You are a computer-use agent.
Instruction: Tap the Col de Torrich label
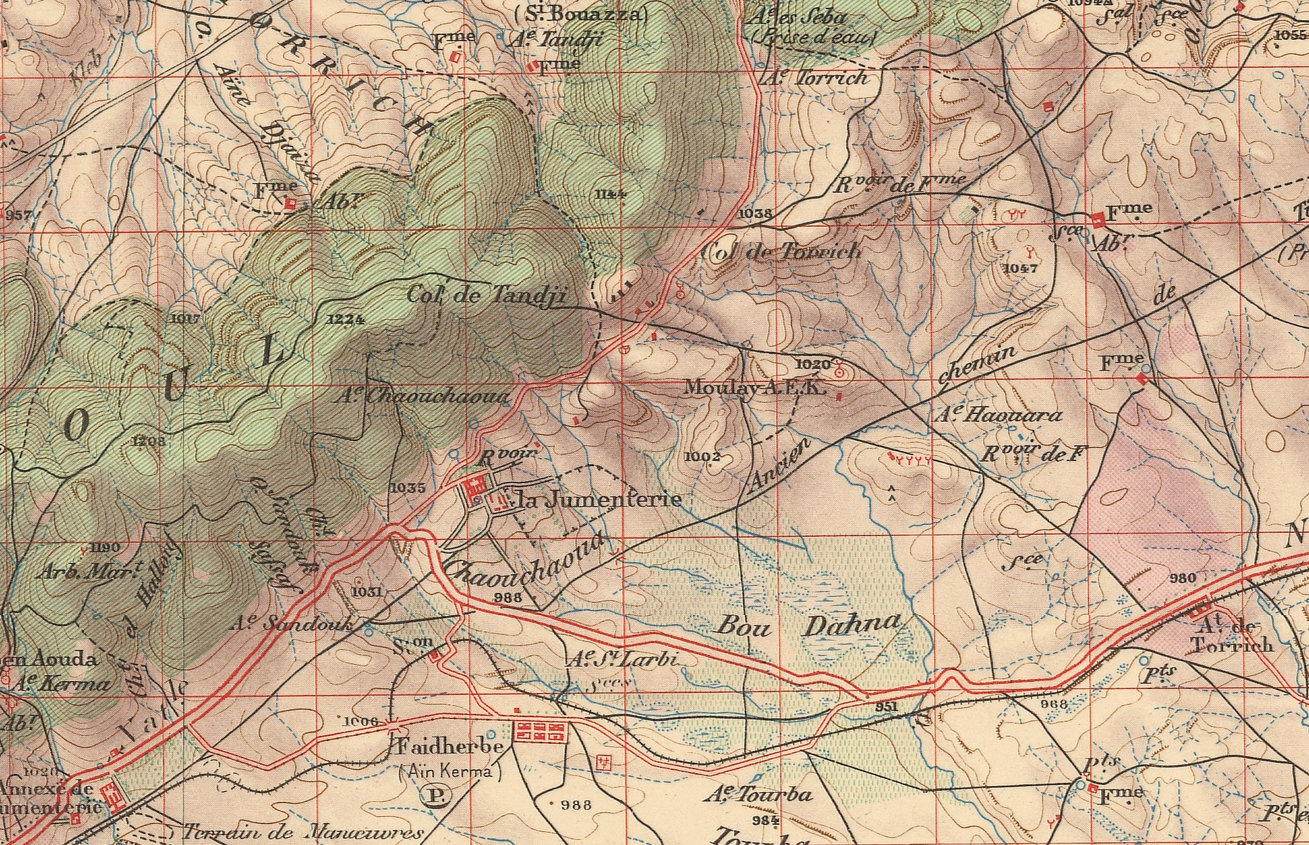tap(781, 251)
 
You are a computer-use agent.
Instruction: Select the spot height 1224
tap(344, 319)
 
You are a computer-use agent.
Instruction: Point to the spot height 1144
tap(610, 194)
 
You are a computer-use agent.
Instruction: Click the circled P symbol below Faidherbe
tap(434, 795)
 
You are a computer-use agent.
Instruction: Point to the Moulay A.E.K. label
tap(755, 388)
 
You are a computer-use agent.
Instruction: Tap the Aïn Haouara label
tap(999, 415)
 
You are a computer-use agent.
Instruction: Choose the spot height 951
tap(886, 707)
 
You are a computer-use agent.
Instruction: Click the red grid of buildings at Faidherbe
tap(540, 731)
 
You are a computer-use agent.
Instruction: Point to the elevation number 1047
tap(1020, 268)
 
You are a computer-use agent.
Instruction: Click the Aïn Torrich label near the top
tap(816, 78)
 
